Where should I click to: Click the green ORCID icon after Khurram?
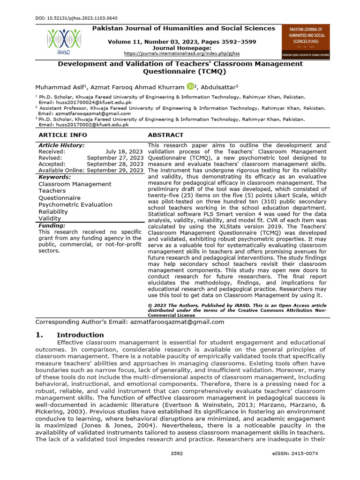click(x=190, y=86)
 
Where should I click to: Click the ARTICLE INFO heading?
click(x=62, y=135)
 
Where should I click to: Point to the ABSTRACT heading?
click(x=165, y=135)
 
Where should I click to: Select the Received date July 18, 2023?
click(x=124, y=152)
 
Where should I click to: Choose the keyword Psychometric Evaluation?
click(x=75, y=204)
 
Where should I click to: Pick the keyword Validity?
click(x=50, y=218)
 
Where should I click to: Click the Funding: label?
click(x=52, y=225)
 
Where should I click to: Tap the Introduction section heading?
click(x=80, y=335)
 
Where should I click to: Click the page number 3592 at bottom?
click(x=177, y=453)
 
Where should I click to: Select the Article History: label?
click(x=61, y=145)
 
